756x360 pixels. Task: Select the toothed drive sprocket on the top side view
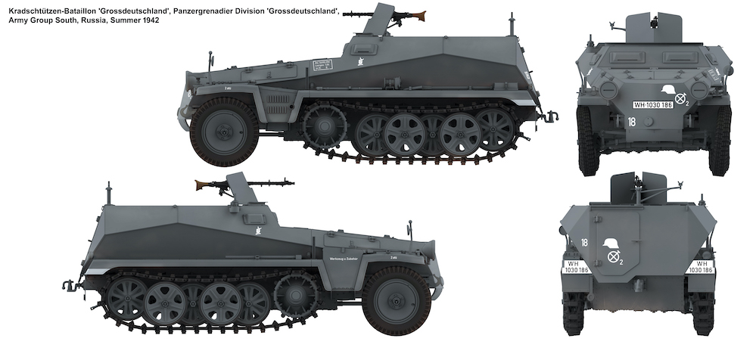[323, 126]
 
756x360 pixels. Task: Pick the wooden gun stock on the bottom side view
[204, 184]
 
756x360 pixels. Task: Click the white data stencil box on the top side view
[322, 65]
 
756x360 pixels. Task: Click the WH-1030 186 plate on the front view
[653, 107]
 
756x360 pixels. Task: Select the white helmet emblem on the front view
[667, 91]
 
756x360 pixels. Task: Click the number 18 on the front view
[632, 120]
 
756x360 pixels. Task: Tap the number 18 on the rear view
[585, 242]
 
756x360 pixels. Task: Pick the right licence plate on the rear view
[700, 266]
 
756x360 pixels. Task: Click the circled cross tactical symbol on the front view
[682, 97]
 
